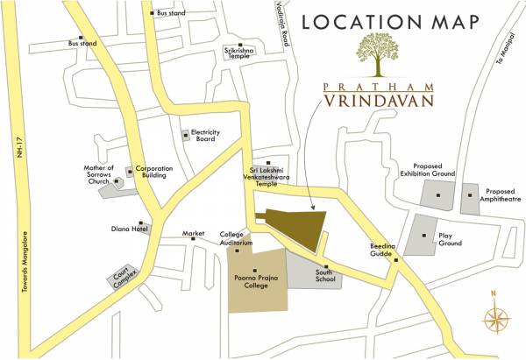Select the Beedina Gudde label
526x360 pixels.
[382, 251]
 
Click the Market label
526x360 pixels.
[193, 234]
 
